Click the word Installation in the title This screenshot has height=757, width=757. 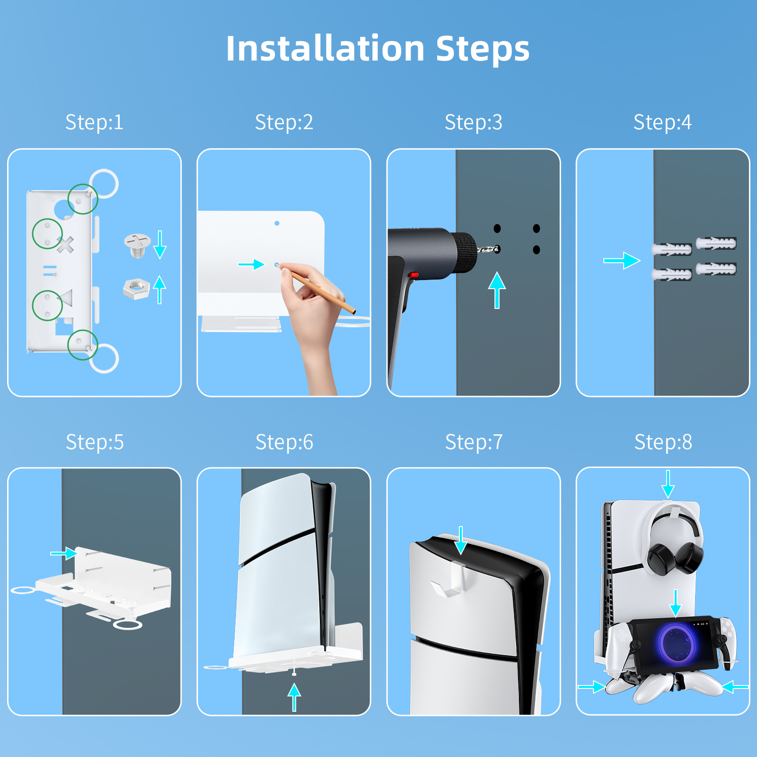pos(325,48)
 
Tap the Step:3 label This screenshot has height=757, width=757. pos(473,122)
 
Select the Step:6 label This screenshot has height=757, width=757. pos(284,442)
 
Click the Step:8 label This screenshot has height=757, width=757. pos(663,442)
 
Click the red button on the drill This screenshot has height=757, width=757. pos(414,274)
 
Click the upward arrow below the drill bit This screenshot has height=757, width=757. pos(497,290)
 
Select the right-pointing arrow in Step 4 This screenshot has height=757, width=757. pos(622,260)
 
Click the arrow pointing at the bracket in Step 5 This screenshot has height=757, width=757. pos(64,553)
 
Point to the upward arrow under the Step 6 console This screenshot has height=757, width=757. pos(294,698)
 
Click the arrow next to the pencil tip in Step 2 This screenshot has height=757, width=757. pos(251,264)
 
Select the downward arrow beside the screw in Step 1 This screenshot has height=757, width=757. pos(160,245)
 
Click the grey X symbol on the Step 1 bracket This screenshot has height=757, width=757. pos(65,245)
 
